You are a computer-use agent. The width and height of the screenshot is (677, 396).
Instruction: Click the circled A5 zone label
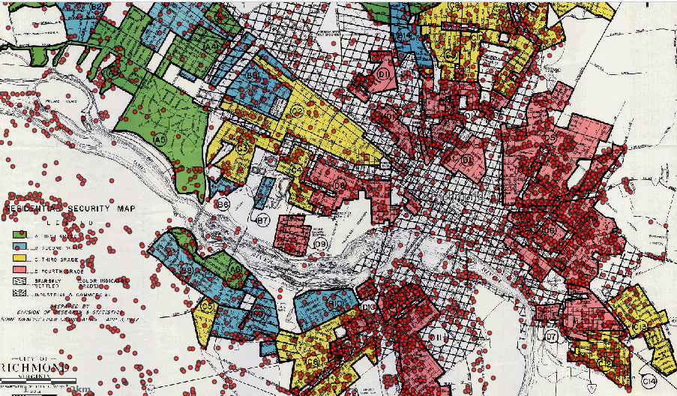tap(160, 139)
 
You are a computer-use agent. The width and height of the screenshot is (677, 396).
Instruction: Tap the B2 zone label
tap(96, 7)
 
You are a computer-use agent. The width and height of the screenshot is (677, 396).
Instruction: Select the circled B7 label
tap(262, 220)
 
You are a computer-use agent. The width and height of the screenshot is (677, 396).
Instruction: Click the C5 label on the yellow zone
tap(208, 306)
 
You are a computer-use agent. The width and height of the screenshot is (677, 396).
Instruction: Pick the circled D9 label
tap(321, 245)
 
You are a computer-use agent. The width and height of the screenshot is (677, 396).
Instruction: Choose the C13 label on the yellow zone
tap(640, 327)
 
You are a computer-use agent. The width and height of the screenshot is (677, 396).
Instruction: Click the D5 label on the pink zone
tap(550, 138)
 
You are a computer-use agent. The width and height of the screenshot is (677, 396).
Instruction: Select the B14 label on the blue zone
tap(403, 35)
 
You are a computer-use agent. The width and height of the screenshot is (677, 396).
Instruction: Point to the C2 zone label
tap(297, 112)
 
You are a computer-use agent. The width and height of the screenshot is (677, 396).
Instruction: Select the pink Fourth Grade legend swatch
tap(17, 272)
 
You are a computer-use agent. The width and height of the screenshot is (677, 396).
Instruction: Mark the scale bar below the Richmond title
tap(45, 388)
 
